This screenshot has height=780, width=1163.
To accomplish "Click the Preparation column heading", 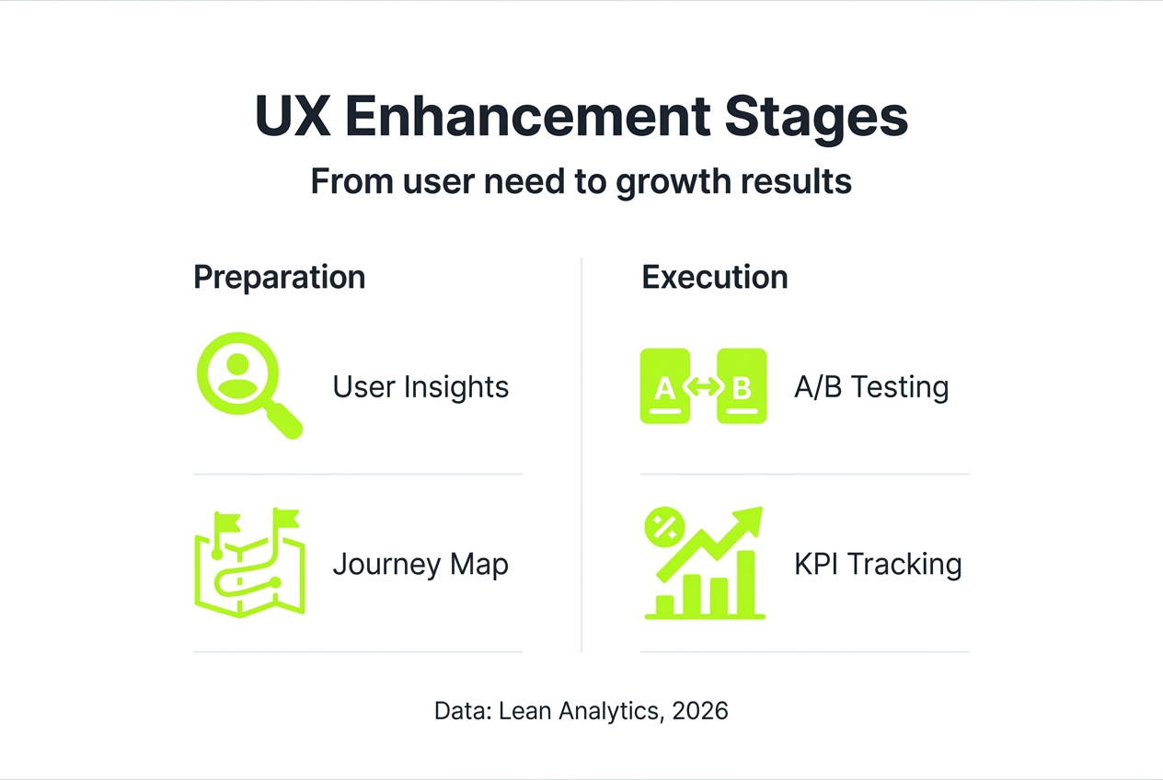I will click(x=279, y=277).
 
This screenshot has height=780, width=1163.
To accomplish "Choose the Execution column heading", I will click(x=714, y=277).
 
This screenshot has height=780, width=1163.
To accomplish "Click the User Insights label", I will click(x=420, y=386).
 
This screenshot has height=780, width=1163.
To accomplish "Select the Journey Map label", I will click(x=420, y=564).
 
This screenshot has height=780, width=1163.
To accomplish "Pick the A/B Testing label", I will click(x=870, y=386).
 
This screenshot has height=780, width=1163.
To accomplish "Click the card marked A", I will click(x=664, y=386).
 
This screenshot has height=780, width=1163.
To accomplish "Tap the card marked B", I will click(x=742, y=386).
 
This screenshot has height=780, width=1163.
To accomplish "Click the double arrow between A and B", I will click(x=703, y=387).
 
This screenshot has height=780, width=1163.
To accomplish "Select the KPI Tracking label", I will click(x=877, y=564).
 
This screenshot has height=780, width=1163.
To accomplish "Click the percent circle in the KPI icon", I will click(x=662, y=527).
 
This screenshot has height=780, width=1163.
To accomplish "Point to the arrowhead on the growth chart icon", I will click(x=750, y=520).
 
